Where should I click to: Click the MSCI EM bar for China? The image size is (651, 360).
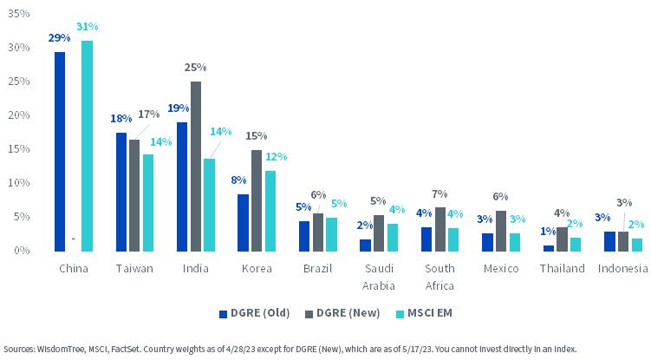[87, 146]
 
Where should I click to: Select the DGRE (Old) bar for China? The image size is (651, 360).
[60, 152]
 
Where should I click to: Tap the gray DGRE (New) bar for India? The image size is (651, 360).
[196, 167]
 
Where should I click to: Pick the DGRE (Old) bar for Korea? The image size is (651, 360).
[243, 223]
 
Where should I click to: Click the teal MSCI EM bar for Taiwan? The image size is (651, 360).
[148, 203]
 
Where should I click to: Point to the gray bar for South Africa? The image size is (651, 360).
[439, 230]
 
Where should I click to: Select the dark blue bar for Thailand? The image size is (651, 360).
[549, 248]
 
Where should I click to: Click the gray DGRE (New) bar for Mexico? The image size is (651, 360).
[501, 231]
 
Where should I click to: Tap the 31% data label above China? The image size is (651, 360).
[88, 27]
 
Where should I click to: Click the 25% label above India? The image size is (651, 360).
[196, 68]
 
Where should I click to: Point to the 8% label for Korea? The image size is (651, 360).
[238, 180]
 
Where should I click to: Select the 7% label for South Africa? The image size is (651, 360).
[439, 193]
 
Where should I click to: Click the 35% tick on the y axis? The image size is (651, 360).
[19, 14]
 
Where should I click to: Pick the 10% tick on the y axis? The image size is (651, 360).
[19, 182]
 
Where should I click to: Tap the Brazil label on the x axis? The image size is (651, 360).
[317, 269]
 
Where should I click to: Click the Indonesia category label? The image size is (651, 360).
[622, 269]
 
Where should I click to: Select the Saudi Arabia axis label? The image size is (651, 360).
[379, 277]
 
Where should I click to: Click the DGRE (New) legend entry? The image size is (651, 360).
[342, 313]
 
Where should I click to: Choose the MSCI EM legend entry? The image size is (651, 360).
[424, 313]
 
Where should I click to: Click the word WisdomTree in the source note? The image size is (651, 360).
[62, 350]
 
